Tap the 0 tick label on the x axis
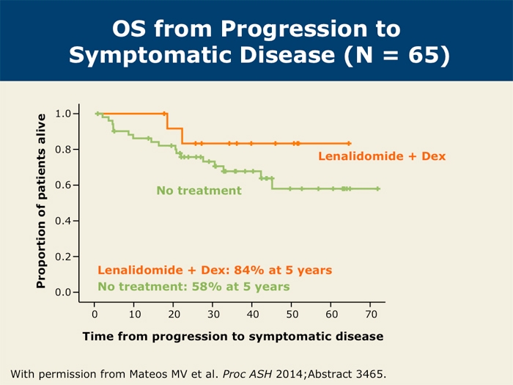pyautogui.click(x=95, y=315)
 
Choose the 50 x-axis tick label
pyautogui.click(x=292, y=315)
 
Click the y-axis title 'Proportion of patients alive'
pyautogui.click(x=42, y=199)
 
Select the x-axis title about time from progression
pyautogui.click(x=232, y=337)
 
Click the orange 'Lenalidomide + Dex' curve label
pyautogui.click(x=381, y=156)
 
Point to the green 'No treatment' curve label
pyautogui.click(x=199, y=191)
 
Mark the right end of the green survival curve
pyautogui.click(x=378, y=188)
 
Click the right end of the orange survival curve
pyautogui.click(x=349, y=143)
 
